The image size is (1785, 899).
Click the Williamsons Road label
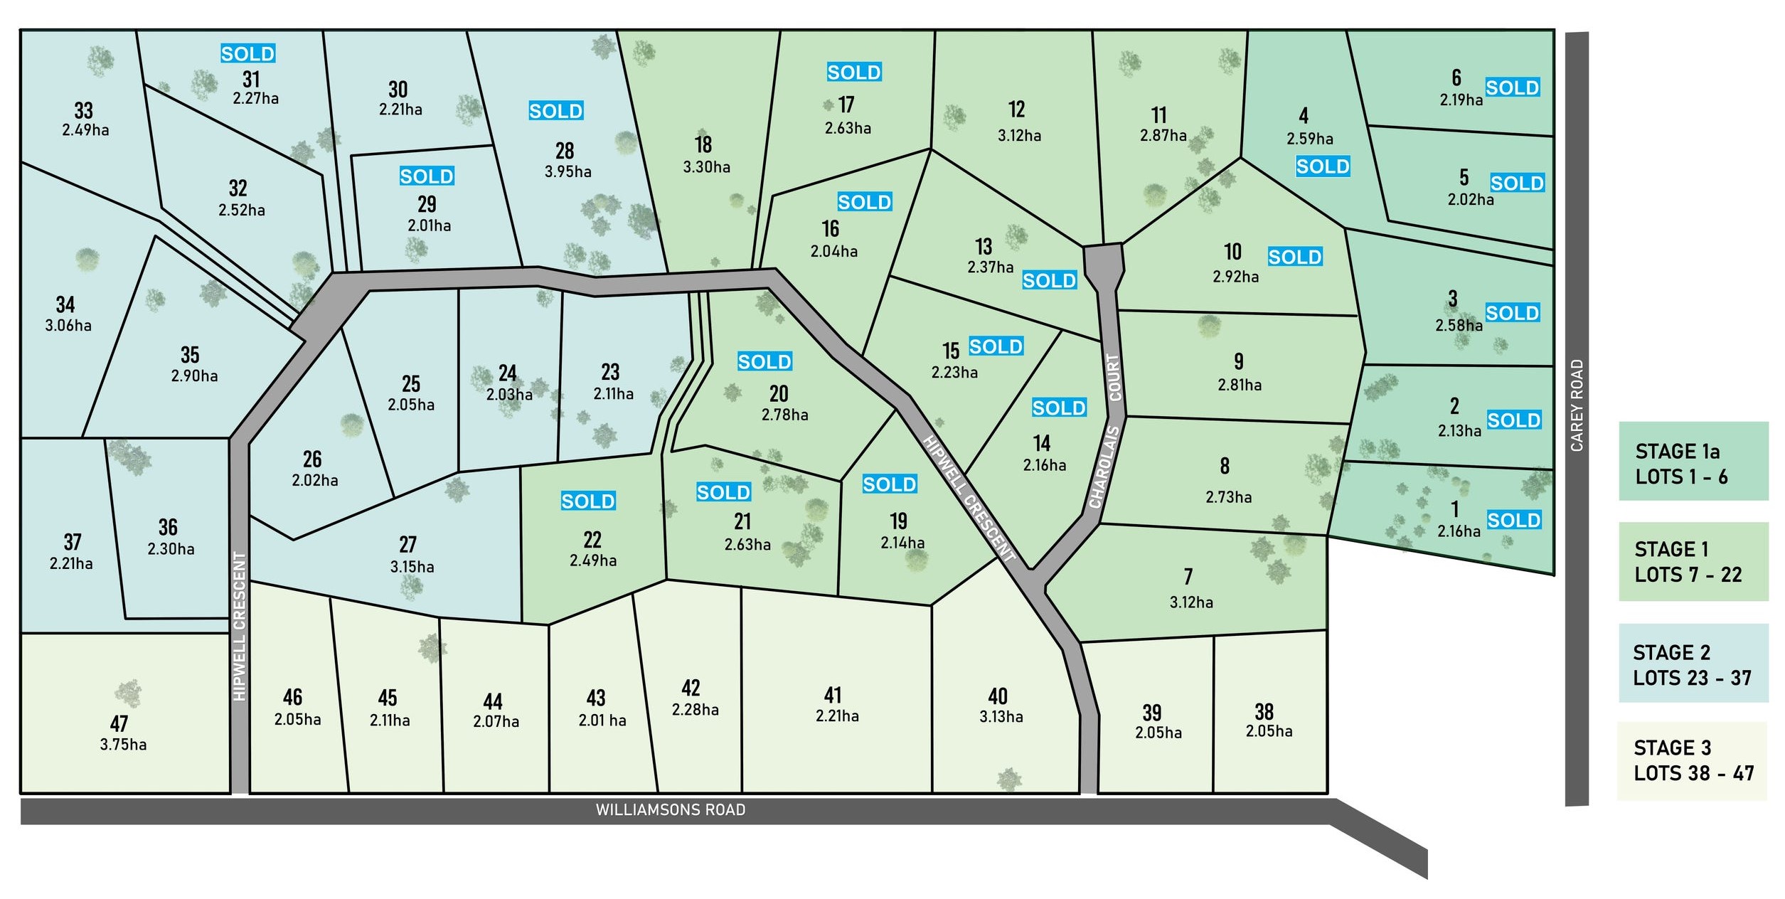tap(671, 810)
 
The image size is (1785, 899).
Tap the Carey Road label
tap(1577, 405)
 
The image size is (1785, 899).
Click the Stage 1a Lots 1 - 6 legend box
tap(1693, 462)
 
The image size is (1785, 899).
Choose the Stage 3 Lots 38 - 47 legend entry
tap(1693, 760)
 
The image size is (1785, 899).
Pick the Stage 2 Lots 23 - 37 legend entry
tap(1693, 663)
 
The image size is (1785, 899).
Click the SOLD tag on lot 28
tap(555, 111)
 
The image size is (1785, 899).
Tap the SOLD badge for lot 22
tap(587, 501)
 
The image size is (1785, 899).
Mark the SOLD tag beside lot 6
tap(1512, 87)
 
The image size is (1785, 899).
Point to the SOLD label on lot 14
tap(1059, 408)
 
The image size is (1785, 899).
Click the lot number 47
tap(119, 724)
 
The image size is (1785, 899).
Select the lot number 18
tap(703, 145)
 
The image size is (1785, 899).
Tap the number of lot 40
tap(997, 696)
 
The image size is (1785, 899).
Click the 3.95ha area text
tap(568, 171)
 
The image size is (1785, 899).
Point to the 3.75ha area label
tap(123, 745)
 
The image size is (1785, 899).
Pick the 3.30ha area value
tap(706, 167)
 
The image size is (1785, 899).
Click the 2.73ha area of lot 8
tap(1228, 497)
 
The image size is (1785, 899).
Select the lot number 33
tap(83, 110)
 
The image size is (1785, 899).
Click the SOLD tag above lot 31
tap(247, 54)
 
